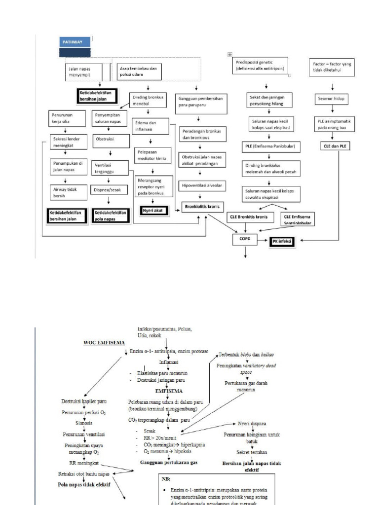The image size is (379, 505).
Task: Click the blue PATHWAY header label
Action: [75, 42]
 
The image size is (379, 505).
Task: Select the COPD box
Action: [245, 239]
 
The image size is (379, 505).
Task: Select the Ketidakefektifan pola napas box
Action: [110, 215]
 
